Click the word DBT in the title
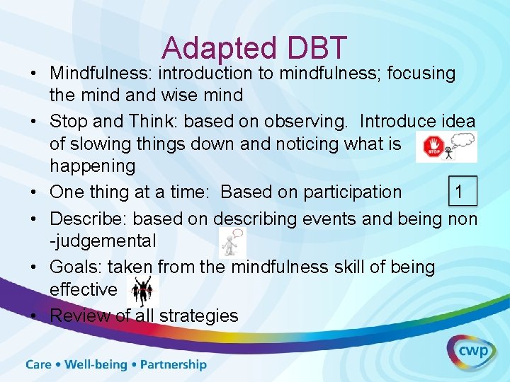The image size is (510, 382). (317, 47)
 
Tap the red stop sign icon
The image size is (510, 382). (431, 147)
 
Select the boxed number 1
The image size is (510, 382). (460, 192)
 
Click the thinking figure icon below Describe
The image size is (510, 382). (232, 242)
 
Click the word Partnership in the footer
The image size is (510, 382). (173, 365)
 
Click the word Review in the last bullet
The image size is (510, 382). (80, 316)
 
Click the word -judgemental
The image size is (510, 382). (103, 241)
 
